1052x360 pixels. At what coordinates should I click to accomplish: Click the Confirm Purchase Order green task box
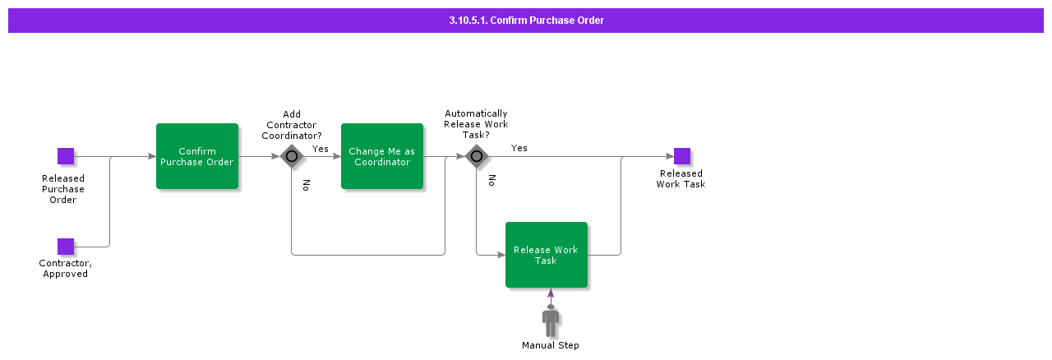pos(196,156)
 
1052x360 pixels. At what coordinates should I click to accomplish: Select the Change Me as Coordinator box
pos(381,156)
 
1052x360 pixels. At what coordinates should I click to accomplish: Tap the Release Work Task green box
pos(546,255)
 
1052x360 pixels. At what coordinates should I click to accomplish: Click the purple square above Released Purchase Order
pos(66,156)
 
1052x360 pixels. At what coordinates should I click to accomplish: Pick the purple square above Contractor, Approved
pos(66,247)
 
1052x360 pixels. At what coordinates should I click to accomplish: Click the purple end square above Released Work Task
pos(681,156)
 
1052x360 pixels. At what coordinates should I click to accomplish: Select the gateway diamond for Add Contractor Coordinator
pos(291,156)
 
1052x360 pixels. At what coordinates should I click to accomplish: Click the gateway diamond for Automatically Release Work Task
pos(476,156)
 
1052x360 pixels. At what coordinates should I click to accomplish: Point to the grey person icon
pos(551,320)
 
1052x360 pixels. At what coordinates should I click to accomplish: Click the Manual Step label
pos(550,345)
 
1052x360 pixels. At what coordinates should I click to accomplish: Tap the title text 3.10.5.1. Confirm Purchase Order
pos(526,21)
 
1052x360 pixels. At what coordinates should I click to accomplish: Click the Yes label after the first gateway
pos(320,149)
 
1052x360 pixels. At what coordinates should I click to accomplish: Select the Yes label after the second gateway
pos(519,148)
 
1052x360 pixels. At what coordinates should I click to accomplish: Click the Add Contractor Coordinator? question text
pos(291,125)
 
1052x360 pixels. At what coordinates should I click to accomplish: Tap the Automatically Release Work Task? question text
pos(476,124)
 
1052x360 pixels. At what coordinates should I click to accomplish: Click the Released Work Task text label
pos(681,179)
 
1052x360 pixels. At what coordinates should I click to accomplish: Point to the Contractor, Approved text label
pos(65,269)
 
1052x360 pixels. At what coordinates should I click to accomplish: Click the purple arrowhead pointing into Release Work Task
pos(551,293)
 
